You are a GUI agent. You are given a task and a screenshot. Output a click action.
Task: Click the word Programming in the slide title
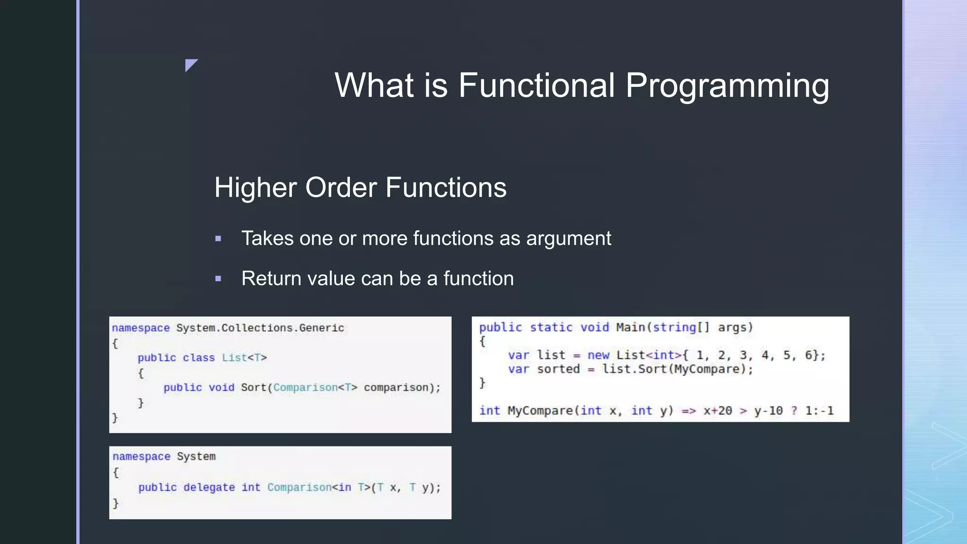pos(727,86)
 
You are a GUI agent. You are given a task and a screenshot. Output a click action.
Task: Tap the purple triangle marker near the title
pos(190,64)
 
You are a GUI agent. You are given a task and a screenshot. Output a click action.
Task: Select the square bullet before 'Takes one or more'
pos(218,239)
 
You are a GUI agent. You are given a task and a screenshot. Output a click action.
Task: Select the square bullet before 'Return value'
pos(218,279)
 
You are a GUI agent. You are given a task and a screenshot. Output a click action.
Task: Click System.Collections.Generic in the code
pos(260,328)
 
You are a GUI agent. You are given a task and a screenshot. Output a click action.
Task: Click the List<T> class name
pos(244,357)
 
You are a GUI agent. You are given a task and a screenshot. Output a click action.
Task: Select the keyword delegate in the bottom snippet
pos(209,487)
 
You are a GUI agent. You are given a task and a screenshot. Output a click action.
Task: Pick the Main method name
pos(630,327)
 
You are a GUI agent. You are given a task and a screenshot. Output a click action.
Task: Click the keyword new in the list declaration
pos(598,355)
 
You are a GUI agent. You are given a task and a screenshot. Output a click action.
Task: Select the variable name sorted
pos(558,369)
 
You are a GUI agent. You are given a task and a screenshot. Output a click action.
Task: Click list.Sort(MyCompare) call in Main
pos(677,369)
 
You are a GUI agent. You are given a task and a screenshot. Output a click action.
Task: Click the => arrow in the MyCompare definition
pos(688,411)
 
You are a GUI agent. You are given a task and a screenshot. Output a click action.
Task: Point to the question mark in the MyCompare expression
pos(794,411)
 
